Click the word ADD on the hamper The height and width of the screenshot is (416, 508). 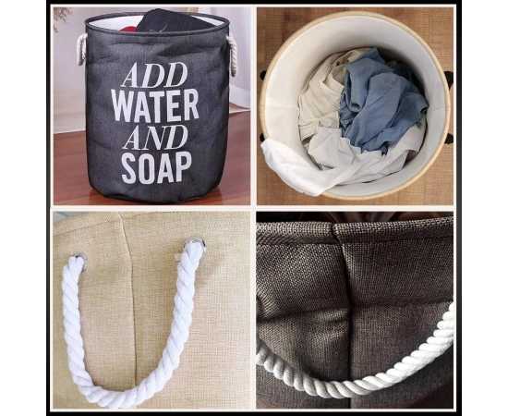point(154,75)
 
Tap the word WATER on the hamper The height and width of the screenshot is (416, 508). point(155,105)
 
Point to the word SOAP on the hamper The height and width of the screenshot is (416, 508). point(156,167)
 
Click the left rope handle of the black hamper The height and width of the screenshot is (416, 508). point(81,49)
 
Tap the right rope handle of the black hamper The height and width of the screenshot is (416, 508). point(232,55)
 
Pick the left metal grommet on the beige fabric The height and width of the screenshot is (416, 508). point(80,260)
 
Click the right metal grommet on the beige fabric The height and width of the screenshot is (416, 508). point(197,243)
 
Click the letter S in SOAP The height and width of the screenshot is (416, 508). point(129,168)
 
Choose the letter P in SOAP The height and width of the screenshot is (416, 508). point(184,166)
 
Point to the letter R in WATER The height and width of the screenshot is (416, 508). point(191,104)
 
